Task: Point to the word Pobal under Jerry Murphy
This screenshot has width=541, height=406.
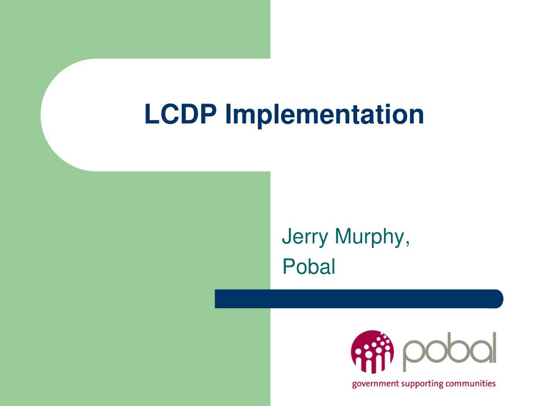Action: point(309,266)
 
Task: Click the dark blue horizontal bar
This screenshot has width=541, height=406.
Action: point(359,299)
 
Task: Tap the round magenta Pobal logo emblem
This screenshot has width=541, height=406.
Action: point(372,351)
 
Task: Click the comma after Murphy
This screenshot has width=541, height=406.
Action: point(408,244)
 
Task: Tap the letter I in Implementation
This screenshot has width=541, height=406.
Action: point(228,114)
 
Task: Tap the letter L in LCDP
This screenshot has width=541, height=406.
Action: point(151,114)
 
